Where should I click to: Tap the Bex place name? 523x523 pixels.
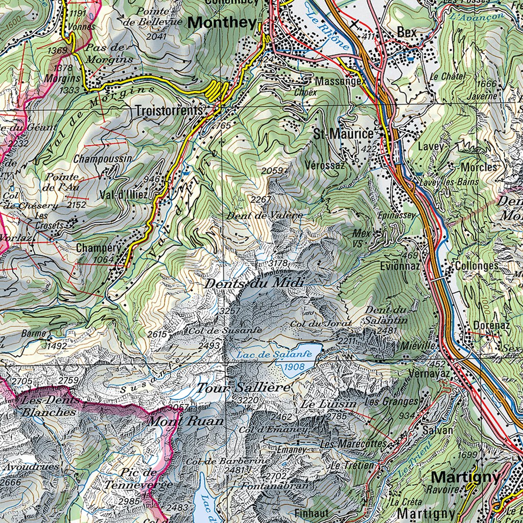tap(407, 32)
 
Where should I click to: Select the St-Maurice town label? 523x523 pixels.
tap(343, 134)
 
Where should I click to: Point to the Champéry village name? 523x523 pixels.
tap(99, 248)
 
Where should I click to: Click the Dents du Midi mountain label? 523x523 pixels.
tap(254, 283)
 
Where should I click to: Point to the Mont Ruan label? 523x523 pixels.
tap(185, 421)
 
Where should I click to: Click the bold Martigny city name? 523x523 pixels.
tap(465, 478)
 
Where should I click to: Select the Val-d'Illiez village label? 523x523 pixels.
tap(124, 195)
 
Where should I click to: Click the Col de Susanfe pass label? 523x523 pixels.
tap(225, 330)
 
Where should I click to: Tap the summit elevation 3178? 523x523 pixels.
tap(278, 263)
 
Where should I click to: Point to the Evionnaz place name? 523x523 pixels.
tap(400, 266)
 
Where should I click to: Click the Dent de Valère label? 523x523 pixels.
tap(264, 216)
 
